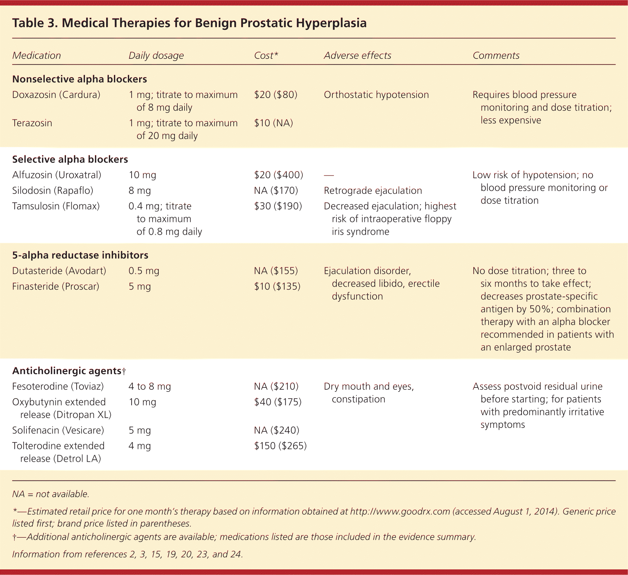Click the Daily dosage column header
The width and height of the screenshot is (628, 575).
pos(156,55)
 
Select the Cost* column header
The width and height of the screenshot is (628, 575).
pos(266,55)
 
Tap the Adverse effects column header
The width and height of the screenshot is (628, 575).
pos(357,55)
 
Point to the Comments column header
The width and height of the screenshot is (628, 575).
pos(496,55)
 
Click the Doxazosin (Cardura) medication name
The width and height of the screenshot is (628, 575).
pos(56,95)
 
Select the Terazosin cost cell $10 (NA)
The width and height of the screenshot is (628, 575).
pos(273,123)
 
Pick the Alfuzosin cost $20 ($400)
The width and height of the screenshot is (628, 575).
pos(279,175)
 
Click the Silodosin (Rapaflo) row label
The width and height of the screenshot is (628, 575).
pos(53,191)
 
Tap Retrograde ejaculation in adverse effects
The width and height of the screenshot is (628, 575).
pos(373,191)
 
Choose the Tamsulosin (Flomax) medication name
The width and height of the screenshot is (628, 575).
pos(56,206)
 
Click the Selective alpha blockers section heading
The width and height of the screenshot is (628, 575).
pos(70,160)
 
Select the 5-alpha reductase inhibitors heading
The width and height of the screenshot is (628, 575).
pos(80,255)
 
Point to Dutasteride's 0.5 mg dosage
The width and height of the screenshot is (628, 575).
pos(143,271)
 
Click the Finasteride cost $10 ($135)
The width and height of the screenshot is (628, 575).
pos(277,286)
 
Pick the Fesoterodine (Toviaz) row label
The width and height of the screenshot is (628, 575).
pos(58,386)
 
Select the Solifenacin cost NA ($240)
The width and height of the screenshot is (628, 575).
pos(276,430)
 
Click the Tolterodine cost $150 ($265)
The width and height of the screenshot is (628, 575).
pos(280,446)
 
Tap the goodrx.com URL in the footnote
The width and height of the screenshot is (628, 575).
pos(400,512)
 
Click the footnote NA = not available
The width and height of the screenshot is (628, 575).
pos(50,494)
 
